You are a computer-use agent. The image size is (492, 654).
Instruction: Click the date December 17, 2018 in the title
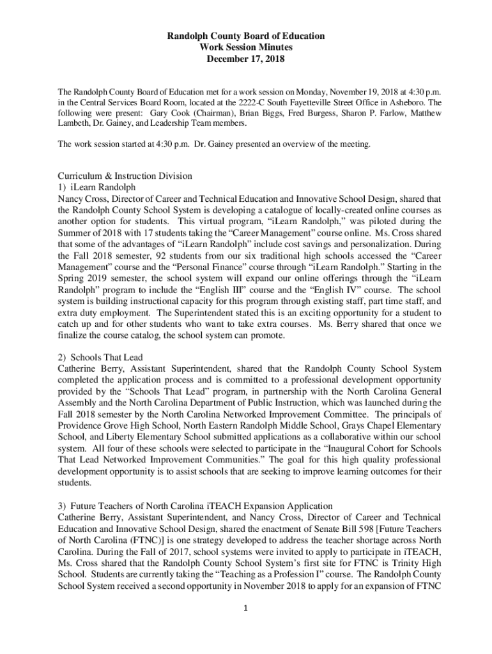click(x=246, y=60)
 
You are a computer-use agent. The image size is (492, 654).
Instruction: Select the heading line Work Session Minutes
click(x=246, y=49)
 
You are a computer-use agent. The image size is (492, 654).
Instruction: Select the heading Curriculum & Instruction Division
click(x=125, y=176)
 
